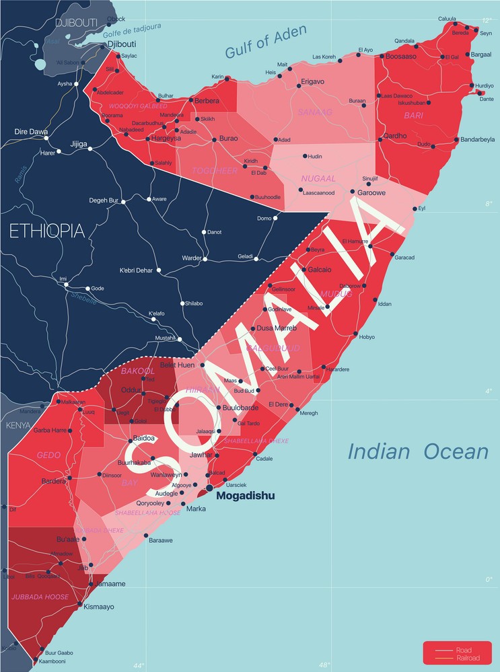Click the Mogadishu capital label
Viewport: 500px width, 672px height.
246,496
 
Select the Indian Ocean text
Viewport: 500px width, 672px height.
417,451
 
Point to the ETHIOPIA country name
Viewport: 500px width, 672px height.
46,231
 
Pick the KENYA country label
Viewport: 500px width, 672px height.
19,426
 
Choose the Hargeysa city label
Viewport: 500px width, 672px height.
165,139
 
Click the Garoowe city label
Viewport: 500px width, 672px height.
372,192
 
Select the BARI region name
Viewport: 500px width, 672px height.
413,116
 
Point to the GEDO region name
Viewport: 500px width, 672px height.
49,455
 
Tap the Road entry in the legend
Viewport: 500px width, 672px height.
463,650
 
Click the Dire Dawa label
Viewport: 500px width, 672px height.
31,132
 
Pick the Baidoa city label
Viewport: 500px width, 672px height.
144,438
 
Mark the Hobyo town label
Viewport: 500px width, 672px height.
367,337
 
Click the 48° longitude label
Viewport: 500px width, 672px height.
325,665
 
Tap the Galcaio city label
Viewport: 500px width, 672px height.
320,270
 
